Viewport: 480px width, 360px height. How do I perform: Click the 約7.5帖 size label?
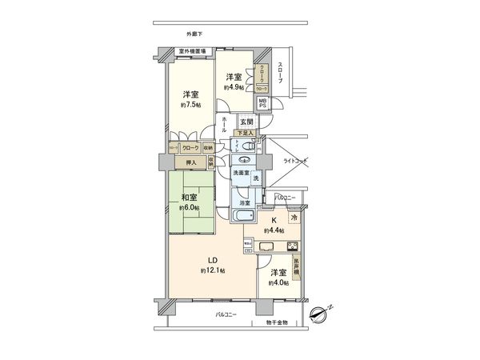(191, 105)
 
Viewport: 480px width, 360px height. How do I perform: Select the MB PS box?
(262, 104)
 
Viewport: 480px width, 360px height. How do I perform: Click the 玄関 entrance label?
(246, 122)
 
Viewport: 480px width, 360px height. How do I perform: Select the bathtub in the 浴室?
(241, 218)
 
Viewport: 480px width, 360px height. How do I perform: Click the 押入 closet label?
(191, 162)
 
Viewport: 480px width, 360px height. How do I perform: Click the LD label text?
(214, 260)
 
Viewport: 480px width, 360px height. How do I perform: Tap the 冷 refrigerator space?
(294, 218)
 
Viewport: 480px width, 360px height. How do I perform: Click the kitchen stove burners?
(293, 245)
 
